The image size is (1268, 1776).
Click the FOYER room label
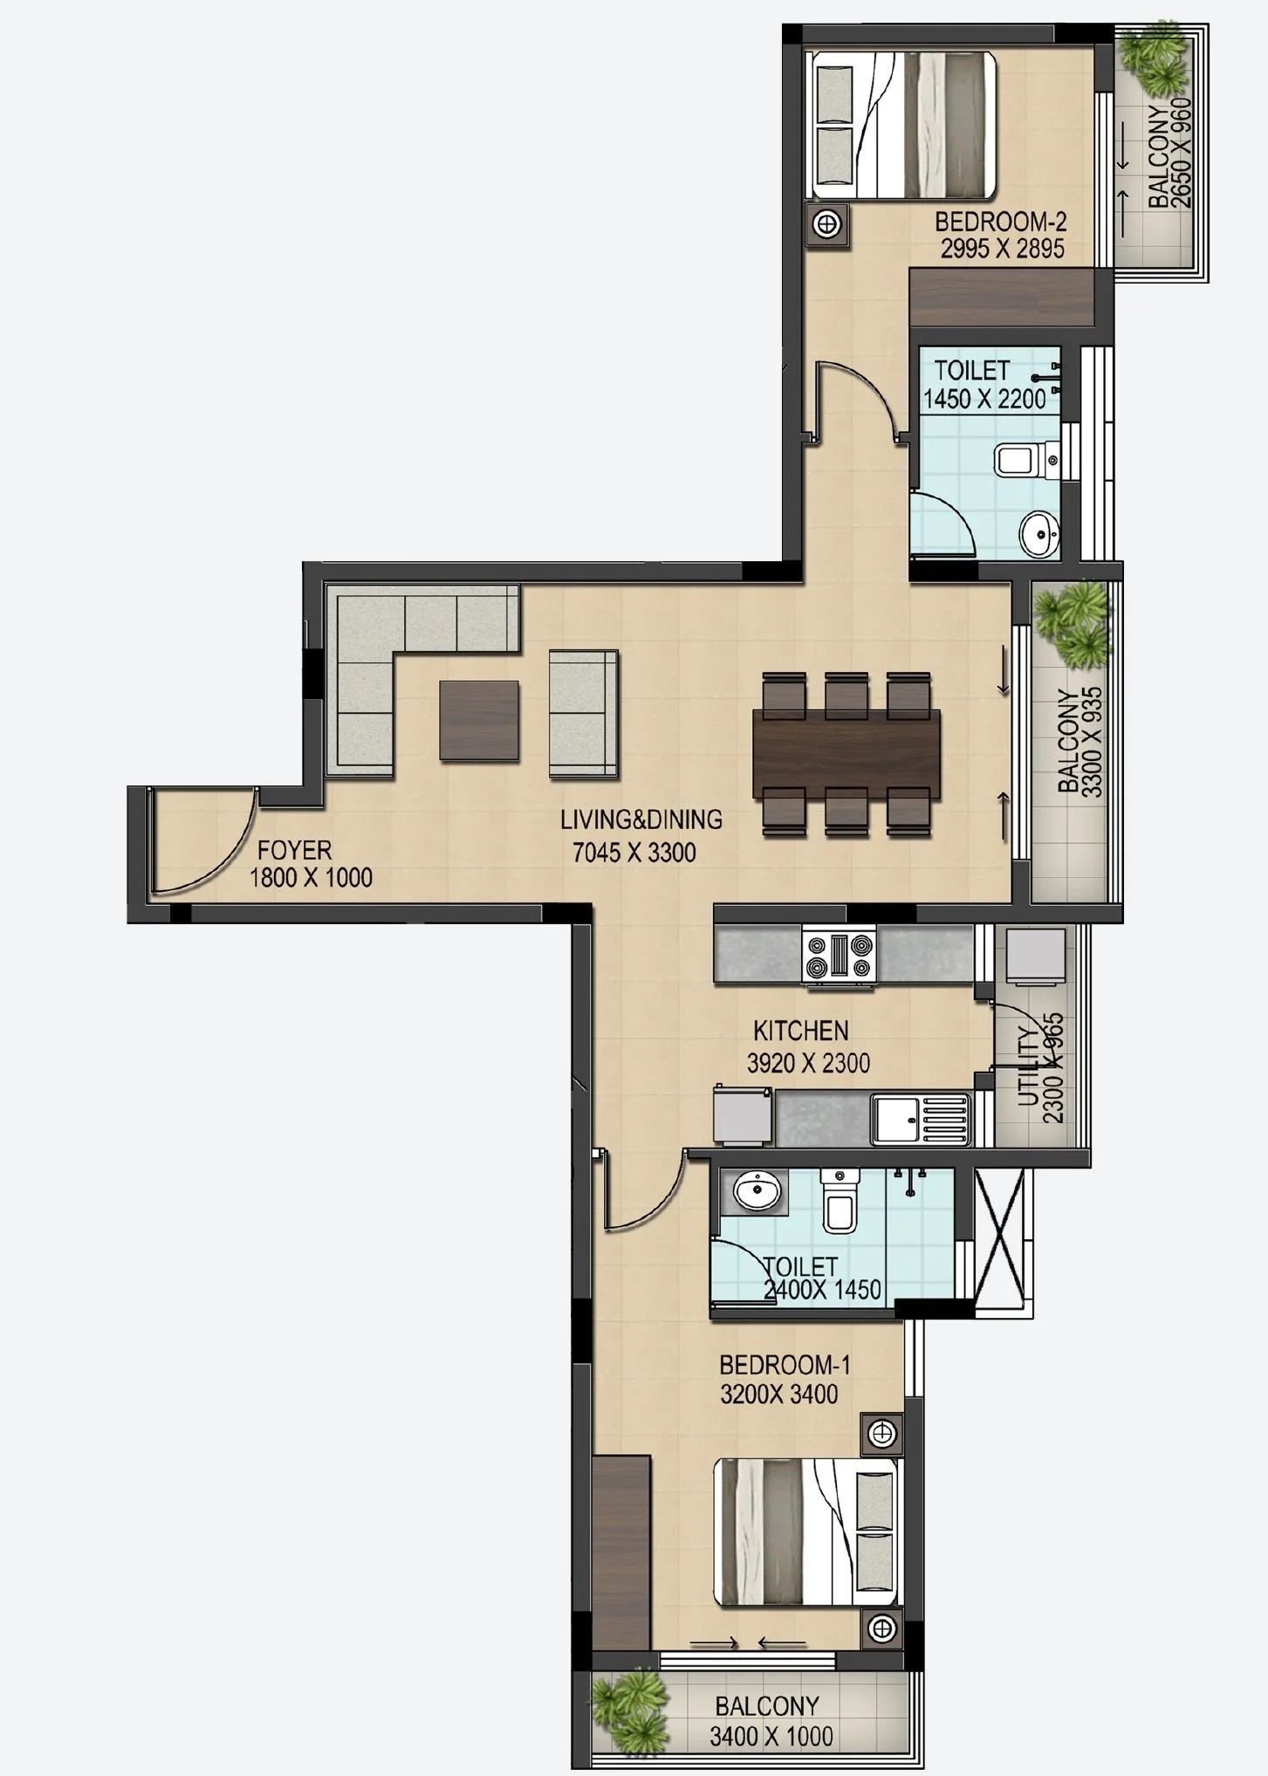pyautogui.click(x=294, y=850)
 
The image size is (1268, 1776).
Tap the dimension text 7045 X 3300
pyautogui.click(x=634, y=853)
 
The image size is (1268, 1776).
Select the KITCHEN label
pyautogui.click(x=800, y=1031)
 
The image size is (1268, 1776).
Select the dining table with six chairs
pyautogui.click(x=846, y=754)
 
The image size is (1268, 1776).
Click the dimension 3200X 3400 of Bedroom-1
pyautogui.click(x=778, y=1394)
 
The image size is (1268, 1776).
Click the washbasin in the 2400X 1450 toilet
pyautogui.click(x=756, y=1190)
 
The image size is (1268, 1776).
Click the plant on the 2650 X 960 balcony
pyautogui.click(x=1155, y=61)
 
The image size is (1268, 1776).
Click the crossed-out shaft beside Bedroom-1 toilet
pyautogui.click(x=1004, y=1239)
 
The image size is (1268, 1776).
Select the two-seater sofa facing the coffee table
pyautogui.click(x=583, y=713)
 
